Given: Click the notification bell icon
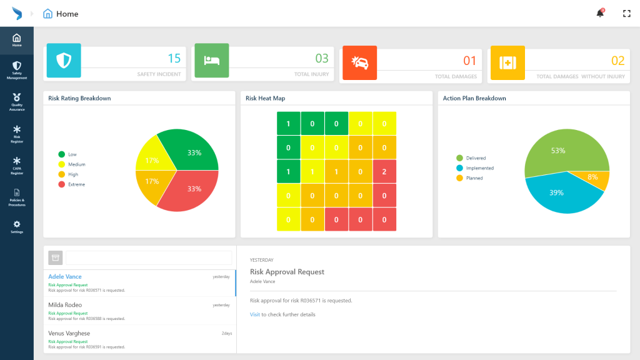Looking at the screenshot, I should click(x=600, y=14).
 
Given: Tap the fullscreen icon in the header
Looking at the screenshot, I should click(x=627, y=14).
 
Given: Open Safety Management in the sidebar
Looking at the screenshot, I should click(x=17, y=70).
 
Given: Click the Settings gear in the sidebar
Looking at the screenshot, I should click(x=17, y=227).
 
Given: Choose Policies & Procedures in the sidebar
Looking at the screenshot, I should click(x=17, y=197).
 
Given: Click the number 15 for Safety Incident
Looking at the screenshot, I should click(x=174, y=59).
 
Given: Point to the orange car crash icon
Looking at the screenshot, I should click(x=359, y=62).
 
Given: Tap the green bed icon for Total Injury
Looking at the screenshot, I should click(x=211, y=61).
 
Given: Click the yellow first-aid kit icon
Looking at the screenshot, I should click(x=507, y=62).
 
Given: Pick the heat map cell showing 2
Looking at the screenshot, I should click(x=384, y=171).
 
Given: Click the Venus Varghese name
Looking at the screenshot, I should click(x=69, y=333).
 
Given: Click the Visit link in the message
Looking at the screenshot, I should click(x=254, y=314).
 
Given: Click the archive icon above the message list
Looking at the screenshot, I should click(x=56, y=257).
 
